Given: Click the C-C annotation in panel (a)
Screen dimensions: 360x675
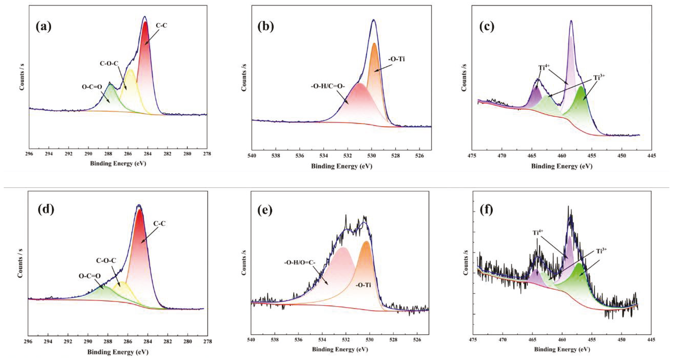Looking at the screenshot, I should click(x=161, y=25).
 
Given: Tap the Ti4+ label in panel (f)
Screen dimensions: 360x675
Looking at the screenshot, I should click(x=538, y=232).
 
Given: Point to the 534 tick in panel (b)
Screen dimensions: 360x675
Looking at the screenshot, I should click(x=324, y=155).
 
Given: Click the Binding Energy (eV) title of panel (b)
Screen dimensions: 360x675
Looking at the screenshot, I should click(x=341, y=166).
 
